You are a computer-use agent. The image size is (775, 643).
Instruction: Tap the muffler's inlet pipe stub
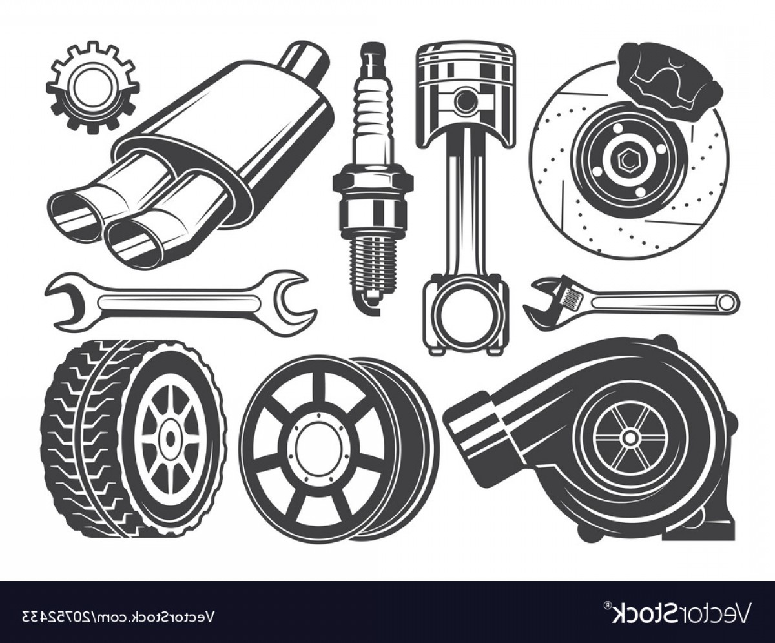click(305, 58)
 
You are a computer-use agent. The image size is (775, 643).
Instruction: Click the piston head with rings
click(465, 71)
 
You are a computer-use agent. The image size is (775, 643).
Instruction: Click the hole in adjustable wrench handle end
click(726, 301)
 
